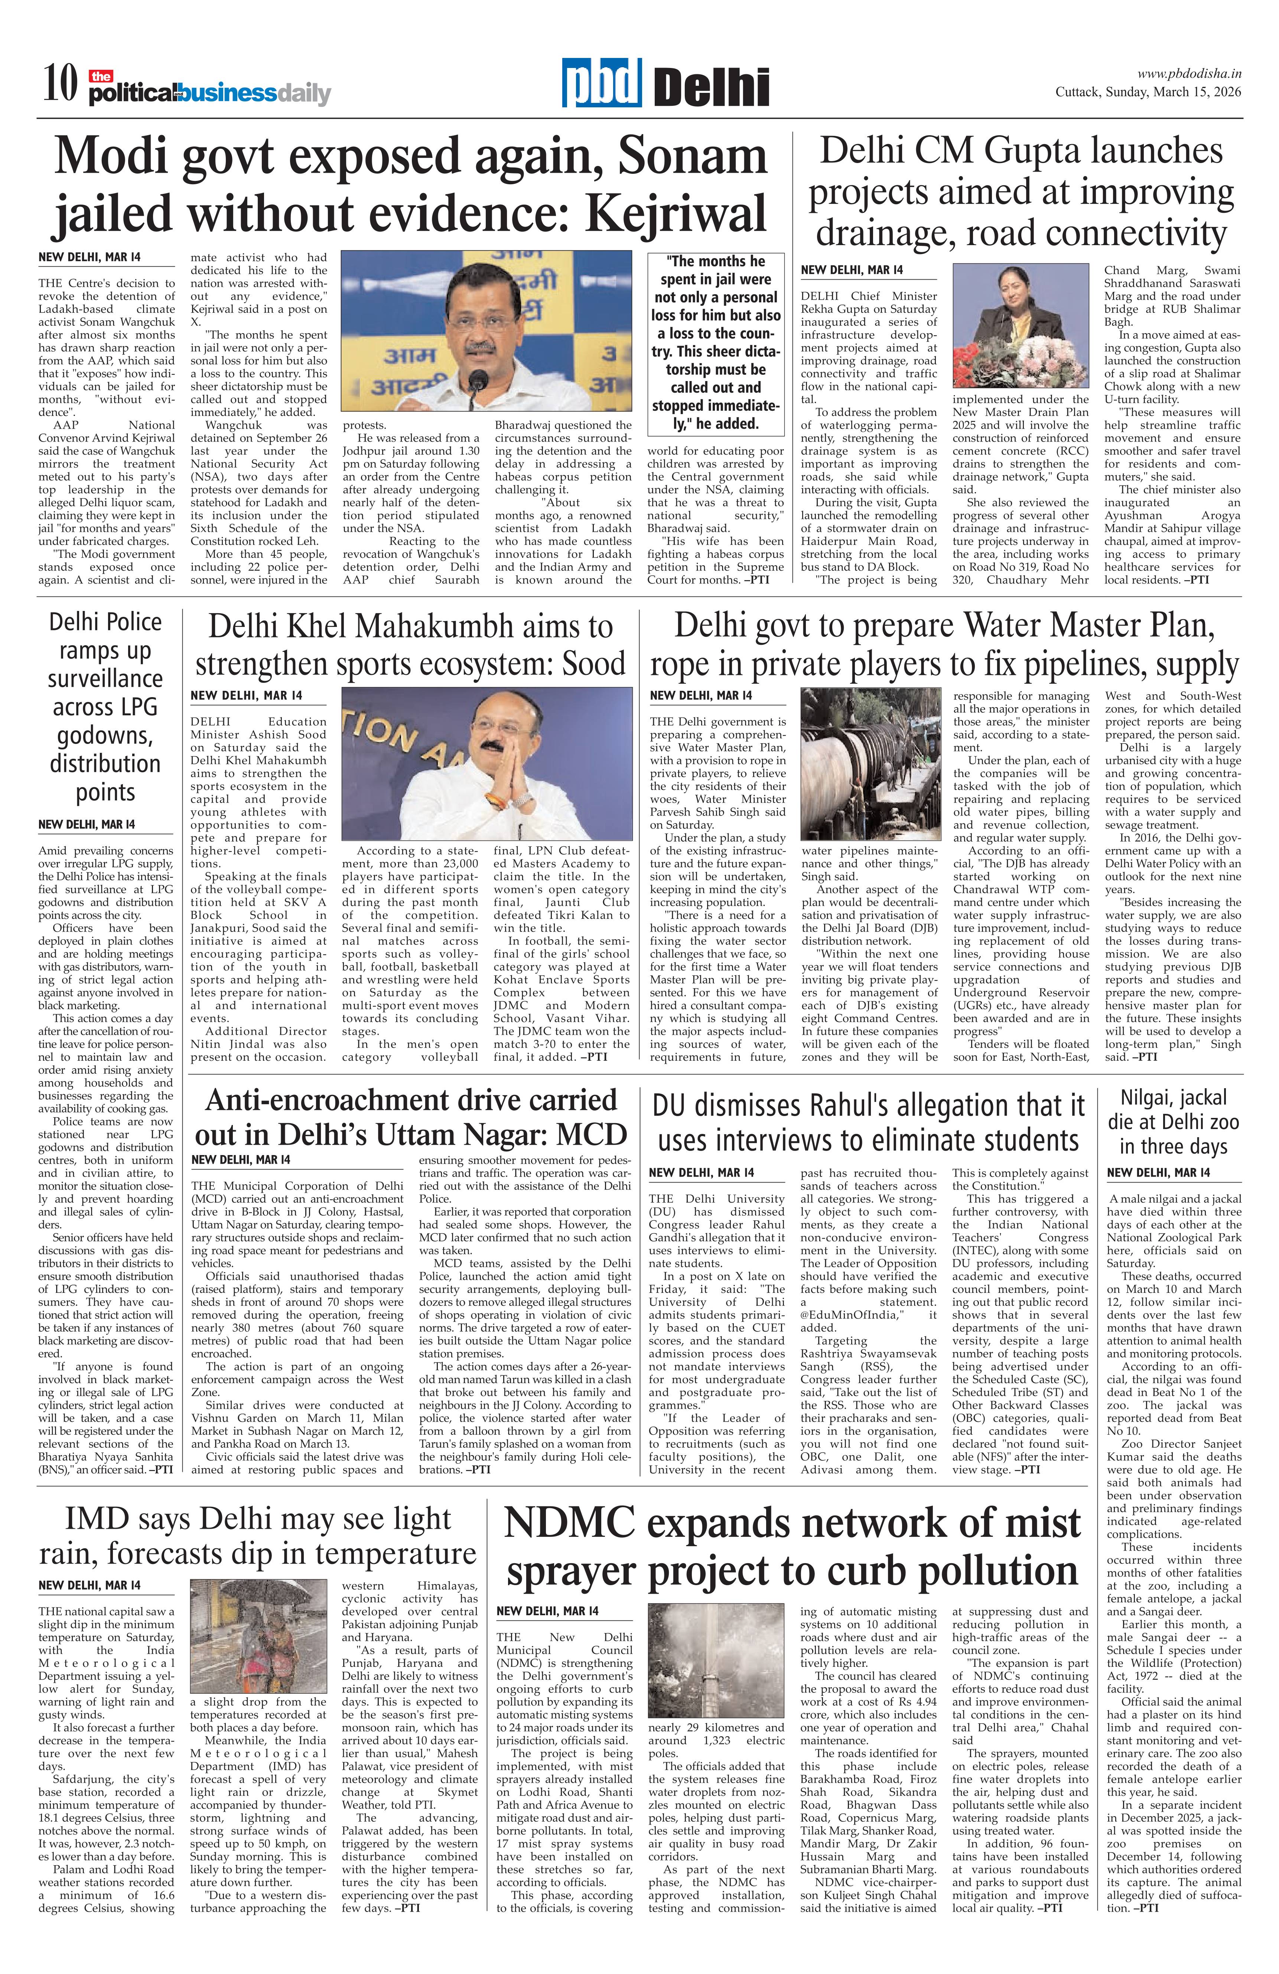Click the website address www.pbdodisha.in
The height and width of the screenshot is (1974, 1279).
click(1189, 74)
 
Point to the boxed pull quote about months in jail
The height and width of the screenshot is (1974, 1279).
click(715, 342)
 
